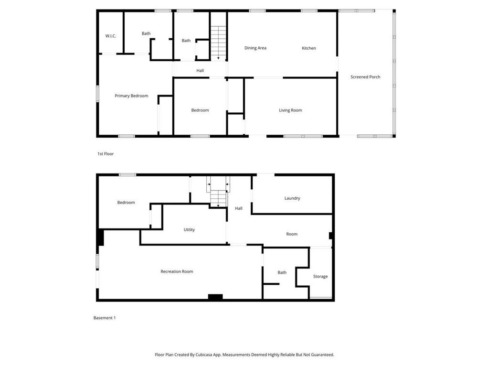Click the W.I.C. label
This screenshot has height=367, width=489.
111,36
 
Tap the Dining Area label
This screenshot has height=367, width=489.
255,48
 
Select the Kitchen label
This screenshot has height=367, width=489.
308,48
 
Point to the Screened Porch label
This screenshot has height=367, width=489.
365,77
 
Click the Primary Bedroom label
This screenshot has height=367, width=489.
131,96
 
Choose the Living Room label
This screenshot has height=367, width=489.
290,110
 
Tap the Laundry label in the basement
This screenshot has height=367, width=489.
292,198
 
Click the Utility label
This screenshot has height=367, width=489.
189,230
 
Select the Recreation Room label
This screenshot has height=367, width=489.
177,271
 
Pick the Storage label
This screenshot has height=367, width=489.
320,276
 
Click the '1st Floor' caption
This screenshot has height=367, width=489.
106,154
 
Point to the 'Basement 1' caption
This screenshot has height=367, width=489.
104,318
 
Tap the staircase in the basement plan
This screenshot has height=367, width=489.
218,197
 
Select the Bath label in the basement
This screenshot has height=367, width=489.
282,272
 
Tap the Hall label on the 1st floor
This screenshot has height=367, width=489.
200,71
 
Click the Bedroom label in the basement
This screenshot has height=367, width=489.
126,203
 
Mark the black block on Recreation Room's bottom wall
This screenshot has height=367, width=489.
215,297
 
